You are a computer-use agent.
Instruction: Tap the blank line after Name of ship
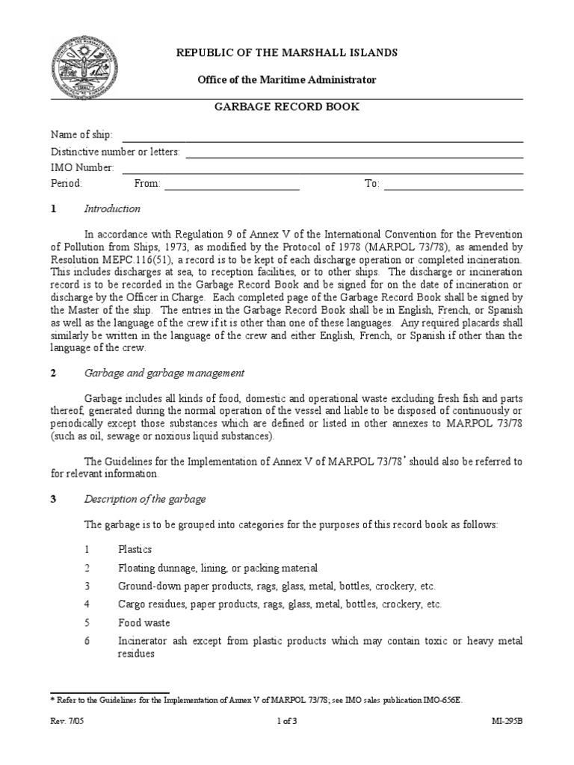[x=322, y=136]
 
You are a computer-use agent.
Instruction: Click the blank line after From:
[x=232, y=185]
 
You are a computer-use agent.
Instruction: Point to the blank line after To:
[x=454, y=185]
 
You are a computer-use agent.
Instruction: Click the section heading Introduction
[x=112, y=209]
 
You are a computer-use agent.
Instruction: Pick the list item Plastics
[x=135, y=549]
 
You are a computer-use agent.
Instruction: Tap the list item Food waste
[x=144, y=622]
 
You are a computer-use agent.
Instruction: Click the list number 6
[x=87, y=641]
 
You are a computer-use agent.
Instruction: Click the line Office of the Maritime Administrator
[x=286, y=79]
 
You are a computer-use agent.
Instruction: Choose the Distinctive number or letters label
[x=115, y=152]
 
